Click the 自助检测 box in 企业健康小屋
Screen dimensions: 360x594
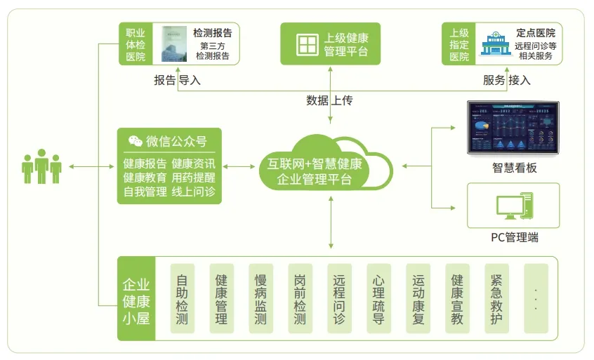click(182, 298)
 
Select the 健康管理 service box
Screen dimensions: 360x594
click(221, 298)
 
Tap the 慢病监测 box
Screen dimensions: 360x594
click(260, 298)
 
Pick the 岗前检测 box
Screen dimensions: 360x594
click(300, 298)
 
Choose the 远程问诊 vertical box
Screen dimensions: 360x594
click(339, 298)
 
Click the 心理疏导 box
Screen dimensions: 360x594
click(378, 298)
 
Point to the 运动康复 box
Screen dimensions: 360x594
click(418, 298)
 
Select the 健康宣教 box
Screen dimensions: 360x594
click(457, 298)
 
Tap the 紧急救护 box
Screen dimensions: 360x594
click(496, 298)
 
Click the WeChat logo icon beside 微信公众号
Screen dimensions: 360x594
click(135, 141)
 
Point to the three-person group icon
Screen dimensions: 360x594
click(41, 166)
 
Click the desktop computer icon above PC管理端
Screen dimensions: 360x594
click(513, 207)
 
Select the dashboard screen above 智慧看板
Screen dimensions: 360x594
click(513, 128)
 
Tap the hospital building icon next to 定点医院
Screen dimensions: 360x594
click(495, 44)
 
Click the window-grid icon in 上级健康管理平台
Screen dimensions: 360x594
click(307, 44)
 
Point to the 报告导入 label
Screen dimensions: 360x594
click(177, 80)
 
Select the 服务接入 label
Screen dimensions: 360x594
click(506, 80)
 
